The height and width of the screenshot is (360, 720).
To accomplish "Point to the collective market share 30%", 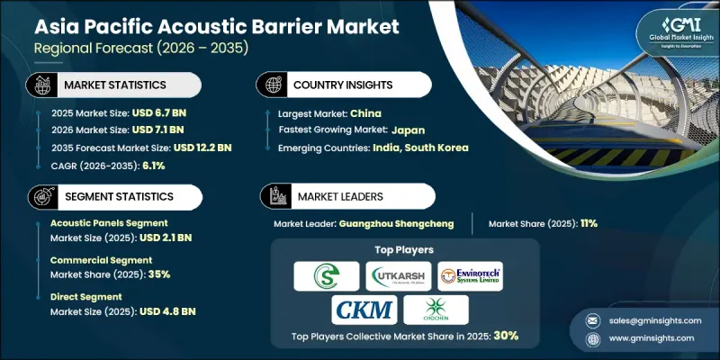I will pyautogui.click(x=504, y=337).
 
